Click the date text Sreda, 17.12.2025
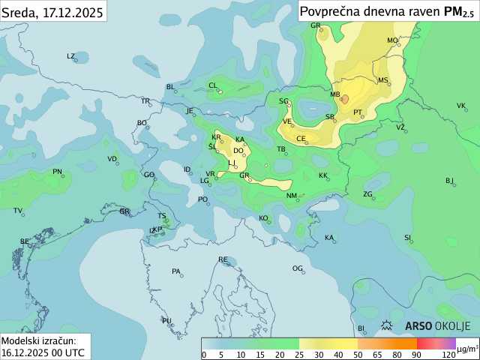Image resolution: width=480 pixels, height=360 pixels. click(x=52, y=11)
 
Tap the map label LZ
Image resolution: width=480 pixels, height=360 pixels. click(x=71, y=56)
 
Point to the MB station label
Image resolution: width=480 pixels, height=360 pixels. click(x=335, y=95)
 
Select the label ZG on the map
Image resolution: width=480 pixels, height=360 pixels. click(x=367, y=194)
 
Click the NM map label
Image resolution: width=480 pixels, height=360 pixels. click(x=292, y=196)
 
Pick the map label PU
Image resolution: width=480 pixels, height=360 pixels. click(x=166, y=321)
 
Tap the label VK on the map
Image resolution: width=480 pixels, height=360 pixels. click(x=461, y=106)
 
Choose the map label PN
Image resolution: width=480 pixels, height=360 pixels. click(x=57, y=172)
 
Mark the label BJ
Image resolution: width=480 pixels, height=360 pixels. click(x=450, y=181)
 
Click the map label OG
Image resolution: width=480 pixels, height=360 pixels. click(x=298, y=268)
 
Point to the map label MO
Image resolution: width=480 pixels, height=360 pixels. click(x=392, y=40)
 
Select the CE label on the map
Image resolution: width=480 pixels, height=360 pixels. click(x=301, y=139)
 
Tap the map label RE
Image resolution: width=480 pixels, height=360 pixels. click(x=223, y=259)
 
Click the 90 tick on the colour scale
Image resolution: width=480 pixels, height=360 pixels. click(x=416, y=355)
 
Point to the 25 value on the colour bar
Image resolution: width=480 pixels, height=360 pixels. click(x=299, y=355)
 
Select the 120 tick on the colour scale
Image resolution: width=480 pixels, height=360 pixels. click(x=448, y=355)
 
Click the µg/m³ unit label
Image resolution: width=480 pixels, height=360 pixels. click(x=467, y=349)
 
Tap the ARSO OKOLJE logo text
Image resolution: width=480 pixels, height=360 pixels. click(x=437, y=326)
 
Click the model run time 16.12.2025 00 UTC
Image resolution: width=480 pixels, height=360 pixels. click(x=43, y=352)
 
